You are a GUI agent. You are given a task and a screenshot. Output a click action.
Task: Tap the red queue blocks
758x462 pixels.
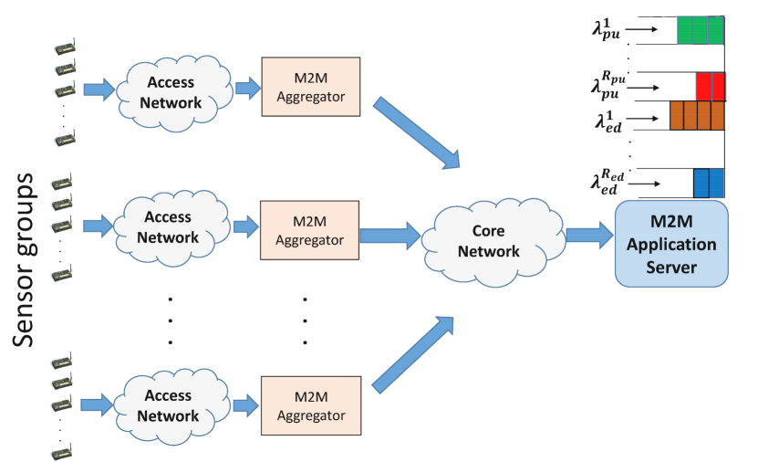[x=710, y=87]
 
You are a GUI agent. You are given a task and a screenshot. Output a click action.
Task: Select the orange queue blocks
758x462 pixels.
[x=696, y=116]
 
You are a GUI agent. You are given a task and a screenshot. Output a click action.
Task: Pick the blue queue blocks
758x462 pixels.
[x=708, y=183]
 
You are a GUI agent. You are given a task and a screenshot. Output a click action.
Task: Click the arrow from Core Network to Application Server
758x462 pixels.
[x=588, y=235]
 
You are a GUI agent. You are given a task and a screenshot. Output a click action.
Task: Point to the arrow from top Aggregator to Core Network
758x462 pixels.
[x=416, y=134]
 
